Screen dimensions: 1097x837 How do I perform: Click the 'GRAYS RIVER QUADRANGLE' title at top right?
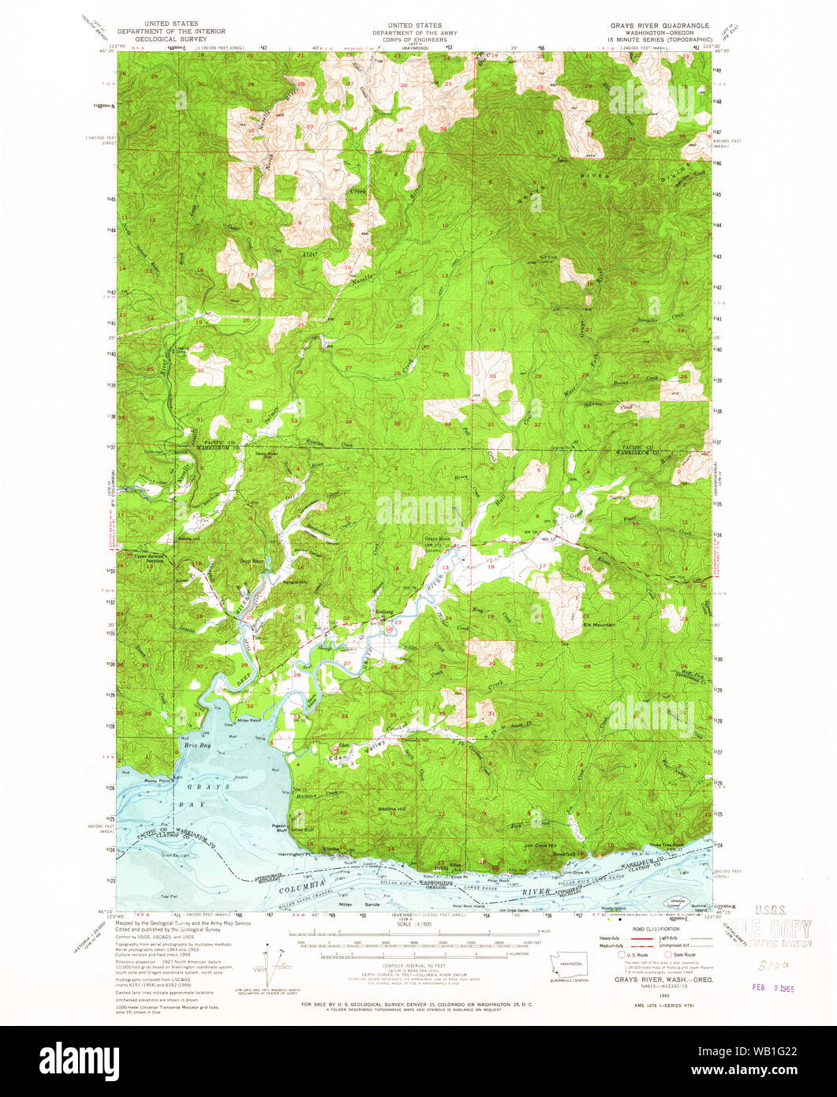pyautogui.click(x=654, y=25)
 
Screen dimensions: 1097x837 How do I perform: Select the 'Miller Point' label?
pyautogui.click(x=248, y=721)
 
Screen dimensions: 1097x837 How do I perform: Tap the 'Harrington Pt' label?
pyautogui.click(x=291, y=854)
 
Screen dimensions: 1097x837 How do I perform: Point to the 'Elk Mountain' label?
pyautogui.click(x=600, y=624)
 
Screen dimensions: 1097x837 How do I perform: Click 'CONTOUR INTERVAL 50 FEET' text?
pyautogui.click(x=420, y=966)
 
